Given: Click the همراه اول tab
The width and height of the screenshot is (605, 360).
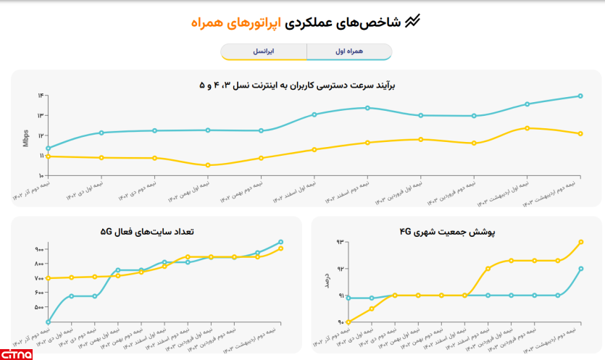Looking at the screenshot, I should coord(349,52).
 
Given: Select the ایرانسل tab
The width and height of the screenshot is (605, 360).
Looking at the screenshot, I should coord(264,52).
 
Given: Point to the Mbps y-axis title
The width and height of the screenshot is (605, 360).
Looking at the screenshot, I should coord(26,137).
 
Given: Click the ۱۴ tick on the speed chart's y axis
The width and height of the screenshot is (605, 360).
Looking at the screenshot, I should coord(41,96).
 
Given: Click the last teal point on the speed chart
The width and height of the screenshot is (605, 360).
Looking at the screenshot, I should coord(580,96).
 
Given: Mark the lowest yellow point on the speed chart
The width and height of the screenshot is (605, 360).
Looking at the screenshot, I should coord(208,165).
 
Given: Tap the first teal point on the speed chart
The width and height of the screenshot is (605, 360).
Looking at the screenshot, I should coord(48,148).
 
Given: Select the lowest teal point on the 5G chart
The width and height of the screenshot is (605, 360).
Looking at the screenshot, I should coord(48,322).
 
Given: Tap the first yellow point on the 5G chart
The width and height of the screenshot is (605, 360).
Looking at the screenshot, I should coord(48,278).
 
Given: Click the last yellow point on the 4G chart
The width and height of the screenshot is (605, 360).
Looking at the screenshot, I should coord(581,242).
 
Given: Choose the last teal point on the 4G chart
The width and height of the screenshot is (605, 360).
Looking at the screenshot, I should coord(581,269).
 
